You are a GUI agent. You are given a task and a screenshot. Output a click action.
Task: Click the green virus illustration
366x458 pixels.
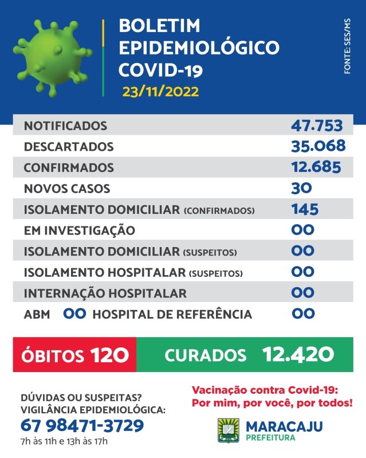click(x=53, y=58)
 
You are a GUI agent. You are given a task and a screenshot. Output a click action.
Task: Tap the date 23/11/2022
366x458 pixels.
click(x=160, y=91)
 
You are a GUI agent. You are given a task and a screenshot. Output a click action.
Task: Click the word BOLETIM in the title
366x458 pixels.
click(x=159, y=25)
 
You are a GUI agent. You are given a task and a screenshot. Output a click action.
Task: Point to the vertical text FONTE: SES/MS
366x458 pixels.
click(x=347, y=46)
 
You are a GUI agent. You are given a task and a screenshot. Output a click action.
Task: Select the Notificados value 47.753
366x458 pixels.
click(x=317, y=126)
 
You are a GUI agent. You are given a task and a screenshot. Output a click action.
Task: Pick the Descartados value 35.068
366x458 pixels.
click(x=318, y=146)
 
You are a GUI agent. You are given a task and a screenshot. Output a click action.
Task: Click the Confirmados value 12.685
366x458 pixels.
click(x=316, y=167)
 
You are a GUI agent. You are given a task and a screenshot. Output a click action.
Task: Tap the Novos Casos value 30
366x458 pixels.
click(x=301, y=188)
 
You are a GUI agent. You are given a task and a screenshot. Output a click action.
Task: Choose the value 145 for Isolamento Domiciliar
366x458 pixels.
click(x=305, y=209)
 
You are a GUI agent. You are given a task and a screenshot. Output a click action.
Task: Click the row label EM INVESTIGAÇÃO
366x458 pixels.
click(x=80, y=230)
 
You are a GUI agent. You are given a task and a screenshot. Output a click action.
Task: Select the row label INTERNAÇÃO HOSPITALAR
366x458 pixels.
click(x=105, y=293)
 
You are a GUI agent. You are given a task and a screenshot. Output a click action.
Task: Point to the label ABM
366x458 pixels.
click(x=37, y=315)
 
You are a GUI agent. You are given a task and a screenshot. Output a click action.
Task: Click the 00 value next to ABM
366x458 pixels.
click(x=74, y=314)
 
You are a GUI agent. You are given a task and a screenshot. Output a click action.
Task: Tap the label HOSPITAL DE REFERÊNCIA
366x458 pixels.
click(x=172, y=315)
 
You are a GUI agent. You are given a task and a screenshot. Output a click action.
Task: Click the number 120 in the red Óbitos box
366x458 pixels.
click(x=109, y=355)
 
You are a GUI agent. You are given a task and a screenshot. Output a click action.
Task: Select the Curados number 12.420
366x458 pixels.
click(x=298, y=354)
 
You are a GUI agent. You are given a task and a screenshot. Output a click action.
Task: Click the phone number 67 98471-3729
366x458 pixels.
click(x=82, y=425)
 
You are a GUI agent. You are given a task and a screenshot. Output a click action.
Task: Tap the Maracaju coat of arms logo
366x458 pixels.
click(x=229, y=430)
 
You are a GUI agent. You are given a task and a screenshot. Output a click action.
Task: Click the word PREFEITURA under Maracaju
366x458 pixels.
click(x=270, y=437)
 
